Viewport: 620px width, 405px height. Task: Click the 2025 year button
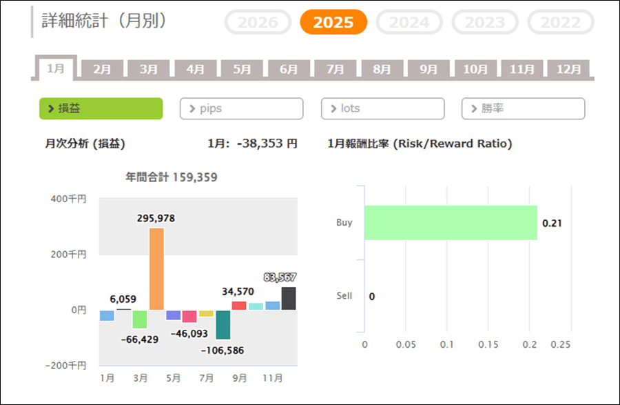[333, 22]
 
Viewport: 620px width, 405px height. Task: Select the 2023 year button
[485, 22]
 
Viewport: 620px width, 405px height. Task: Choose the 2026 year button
[258, 22]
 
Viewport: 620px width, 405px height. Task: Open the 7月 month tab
[335, 69]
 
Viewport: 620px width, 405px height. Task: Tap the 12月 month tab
[568, 69]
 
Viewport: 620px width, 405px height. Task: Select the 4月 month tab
[195, 69]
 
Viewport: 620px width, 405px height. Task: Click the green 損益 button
[101, 108]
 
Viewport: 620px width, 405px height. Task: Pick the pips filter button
[241, 108]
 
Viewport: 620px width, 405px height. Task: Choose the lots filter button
[382, 108]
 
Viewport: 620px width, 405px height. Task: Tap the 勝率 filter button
[523, 108]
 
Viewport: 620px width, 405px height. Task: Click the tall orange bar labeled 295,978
[156, 268]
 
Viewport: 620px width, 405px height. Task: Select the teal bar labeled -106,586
[223, 324]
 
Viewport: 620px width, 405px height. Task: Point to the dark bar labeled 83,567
[289, 298]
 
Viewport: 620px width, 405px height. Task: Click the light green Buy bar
[451, 223]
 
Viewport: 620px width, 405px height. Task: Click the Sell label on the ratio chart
[344, 296]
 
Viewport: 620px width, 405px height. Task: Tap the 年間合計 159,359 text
[172, 177]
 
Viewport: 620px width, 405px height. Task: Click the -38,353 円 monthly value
[267, 144]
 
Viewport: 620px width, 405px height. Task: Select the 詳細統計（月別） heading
[104, 21]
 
